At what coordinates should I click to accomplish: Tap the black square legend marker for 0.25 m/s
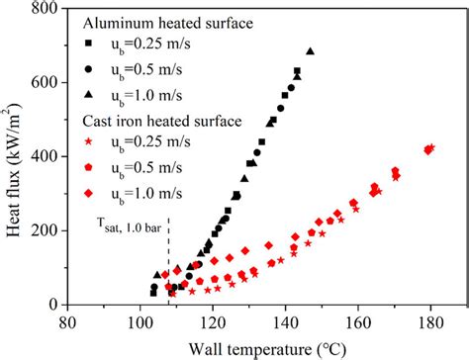(x=88, y=45)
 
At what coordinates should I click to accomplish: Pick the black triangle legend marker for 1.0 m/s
(x=88, y=95)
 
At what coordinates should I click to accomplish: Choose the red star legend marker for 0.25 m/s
(x=88, y=144)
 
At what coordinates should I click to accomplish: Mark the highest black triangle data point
(x=311, y=50)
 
